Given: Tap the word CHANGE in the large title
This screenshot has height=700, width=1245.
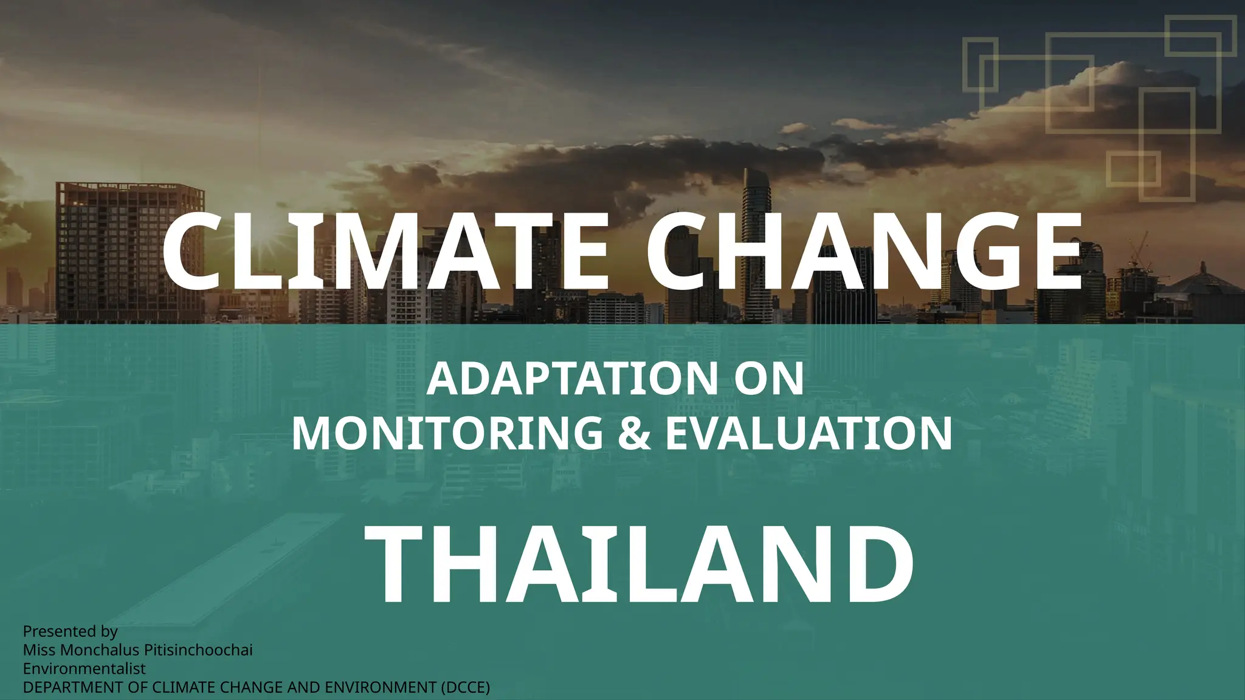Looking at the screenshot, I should point(863,252).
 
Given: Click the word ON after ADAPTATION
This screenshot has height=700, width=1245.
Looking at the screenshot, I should point(768,379).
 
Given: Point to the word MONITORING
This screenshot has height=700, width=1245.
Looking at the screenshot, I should point(447,433).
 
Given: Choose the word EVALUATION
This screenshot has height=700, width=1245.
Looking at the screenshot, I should point(809,433).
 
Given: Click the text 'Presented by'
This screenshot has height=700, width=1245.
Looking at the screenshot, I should point(70,631).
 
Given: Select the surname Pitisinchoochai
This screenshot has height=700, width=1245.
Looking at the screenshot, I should point(198,650).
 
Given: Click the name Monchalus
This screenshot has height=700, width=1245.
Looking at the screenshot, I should point(100,650).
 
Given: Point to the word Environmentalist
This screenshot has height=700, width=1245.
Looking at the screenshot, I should point(84,668).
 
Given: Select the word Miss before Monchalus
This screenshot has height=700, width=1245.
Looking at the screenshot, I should point(40,650).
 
